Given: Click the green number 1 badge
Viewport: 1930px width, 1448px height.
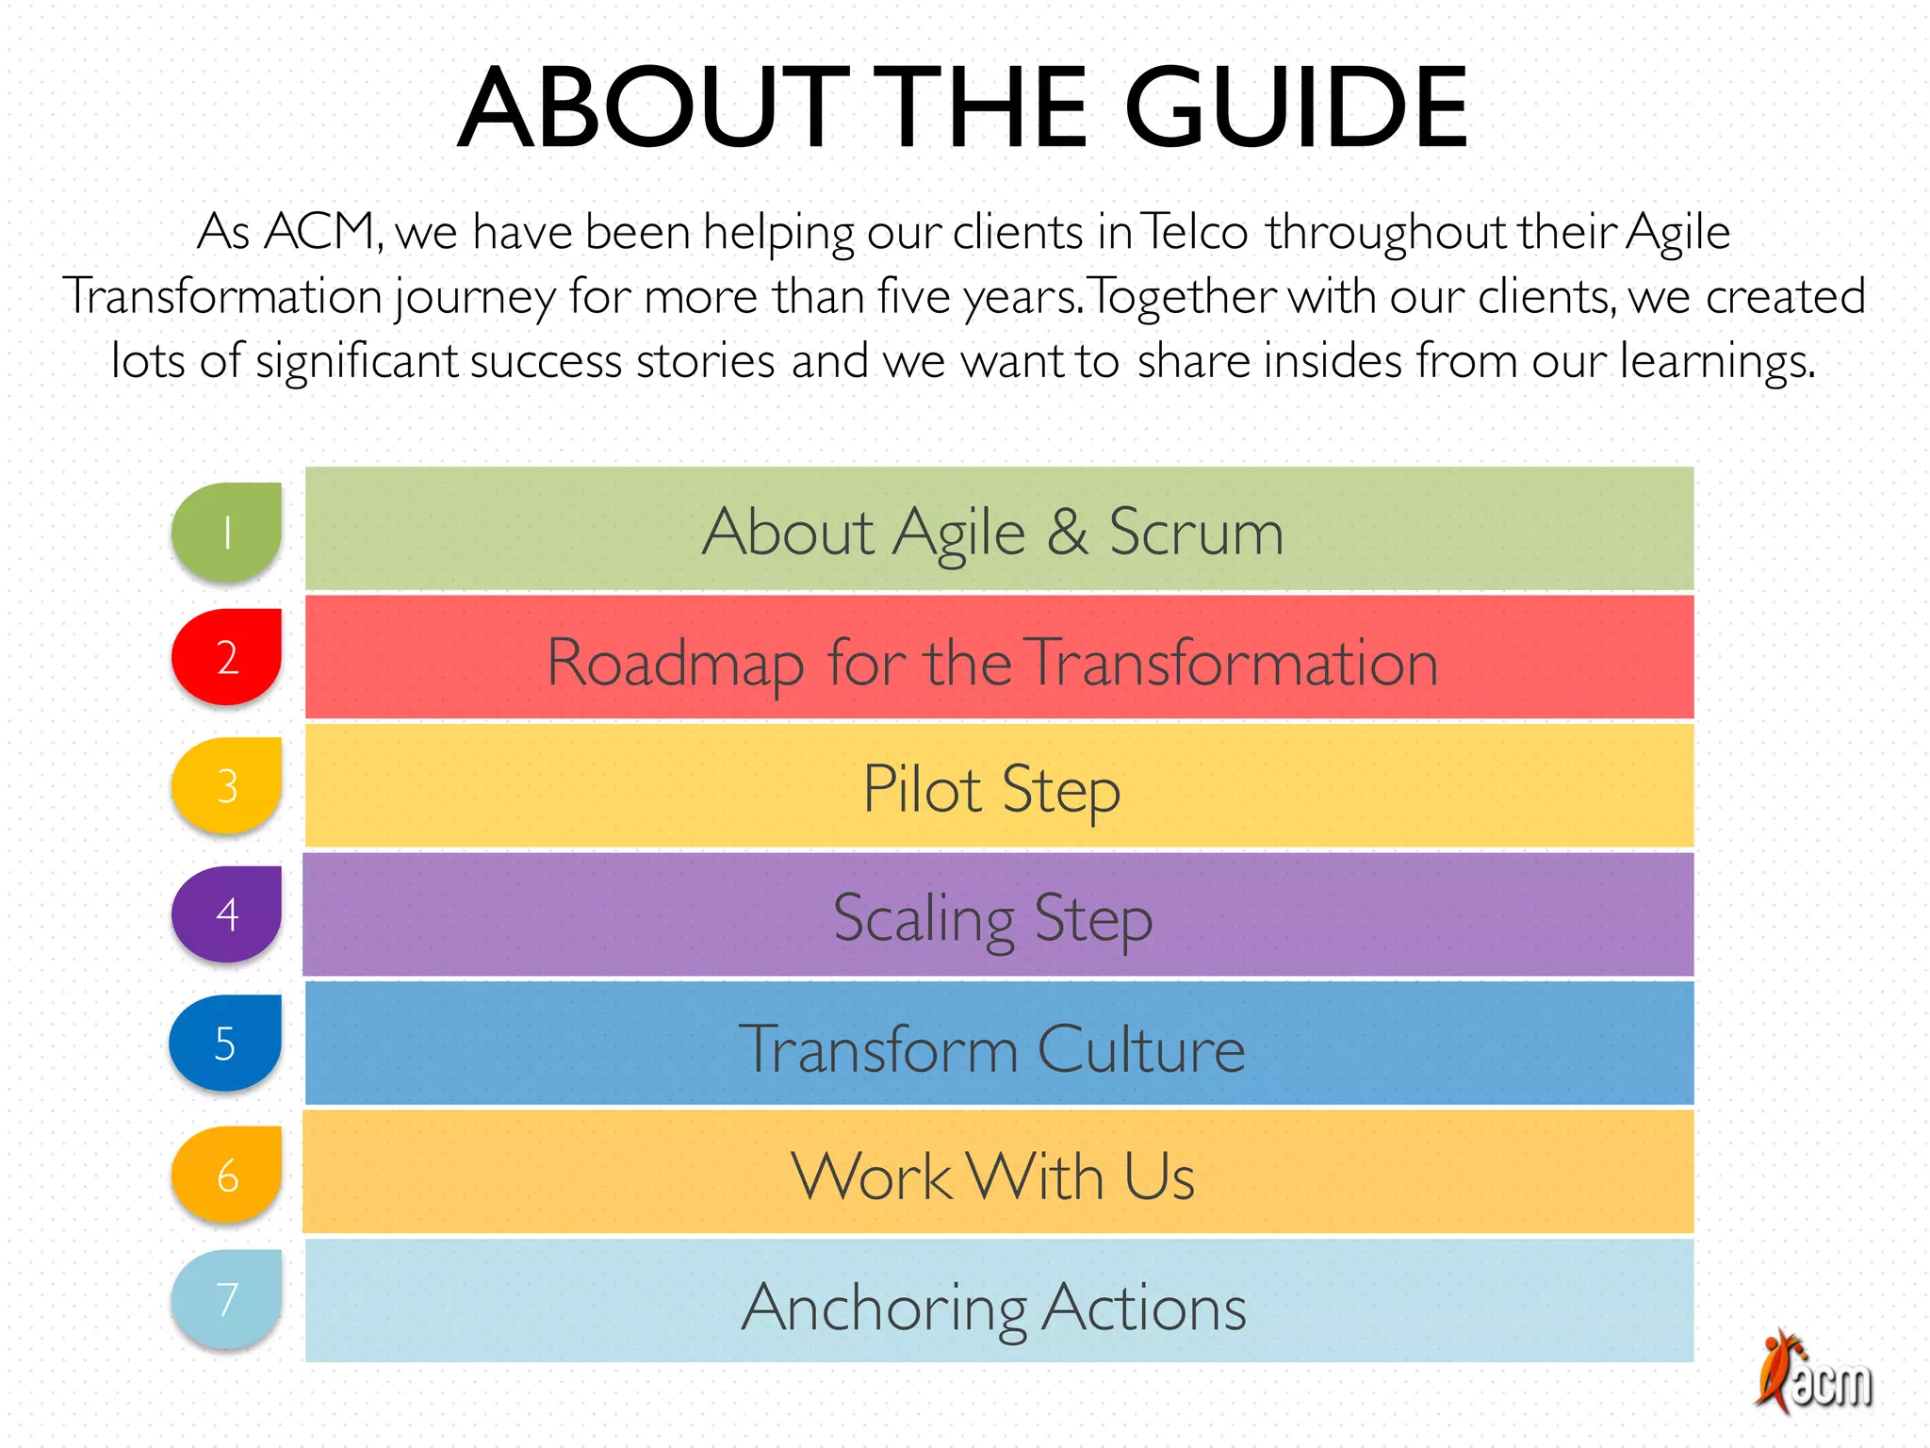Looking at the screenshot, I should (227, 532).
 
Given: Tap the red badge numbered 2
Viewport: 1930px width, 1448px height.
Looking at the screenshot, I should (227, 657).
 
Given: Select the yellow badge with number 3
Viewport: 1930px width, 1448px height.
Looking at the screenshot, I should (227, 785).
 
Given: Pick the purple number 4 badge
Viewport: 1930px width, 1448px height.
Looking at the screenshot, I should (227, 913).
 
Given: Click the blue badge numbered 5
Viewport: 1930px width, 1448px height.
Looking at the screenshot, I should (225, 1043).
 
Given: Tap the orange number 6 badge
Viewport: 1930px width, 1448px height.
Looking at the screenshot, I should (227, 1175).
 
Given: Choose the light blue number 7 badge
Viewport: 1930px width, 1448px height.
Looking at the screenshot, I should (227, 1299).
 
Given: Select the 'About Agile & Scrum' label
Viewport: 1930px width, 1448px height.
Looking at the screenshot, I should (993, 533).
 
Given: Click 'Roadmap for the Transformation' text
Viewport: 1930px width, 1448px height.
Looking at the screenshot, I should (993, 662).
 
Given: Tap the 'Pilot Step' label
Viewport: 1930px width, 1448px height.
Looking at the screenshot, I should (992, 789).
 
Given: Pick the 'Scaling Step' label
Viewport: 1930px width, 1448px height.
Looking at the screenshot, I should (993, 918).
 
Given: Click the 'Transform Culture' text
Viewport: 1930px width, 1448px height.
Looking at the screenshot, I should (992, 1048).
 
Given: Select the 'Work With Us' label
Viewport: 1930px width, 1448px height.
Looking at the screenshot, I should (993, 1176).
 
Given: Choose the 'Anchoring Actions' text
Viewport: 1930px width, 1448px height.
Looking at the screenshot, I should (993, 1308).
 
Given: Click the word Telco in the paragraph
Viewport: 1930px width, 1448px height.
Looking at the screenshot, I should (1195, 233).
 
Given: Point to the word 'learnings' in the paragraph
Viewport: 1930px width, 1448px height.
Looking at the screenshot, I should (1716, 362).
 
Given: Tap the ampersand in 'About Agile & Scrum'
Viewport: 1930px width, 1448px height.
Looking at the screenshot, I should (1067, 533).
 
